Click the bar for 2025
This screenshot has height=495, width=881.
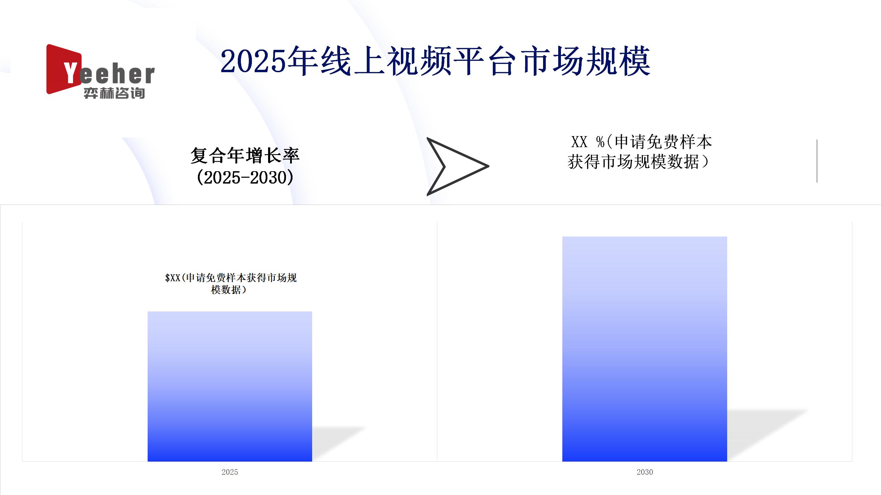(230, 386)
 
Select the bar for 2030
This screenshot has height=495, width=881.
(645, 349)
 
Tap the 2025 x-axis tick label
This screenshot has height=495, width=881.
(230, 472)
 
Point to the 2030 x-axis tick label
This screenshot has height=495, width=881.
(645, 472)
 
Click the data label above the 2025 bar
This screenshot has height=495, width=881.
(231, 284)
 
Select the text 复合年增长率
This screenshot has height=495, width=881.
(245, 156)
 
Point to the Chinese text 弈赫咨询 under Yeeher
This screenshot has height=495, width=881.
(114, 93)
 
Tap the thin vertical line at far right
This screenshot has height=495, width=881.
(817, 161)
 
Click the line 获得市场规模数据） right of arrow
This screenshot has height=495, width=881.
(639, 162)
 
